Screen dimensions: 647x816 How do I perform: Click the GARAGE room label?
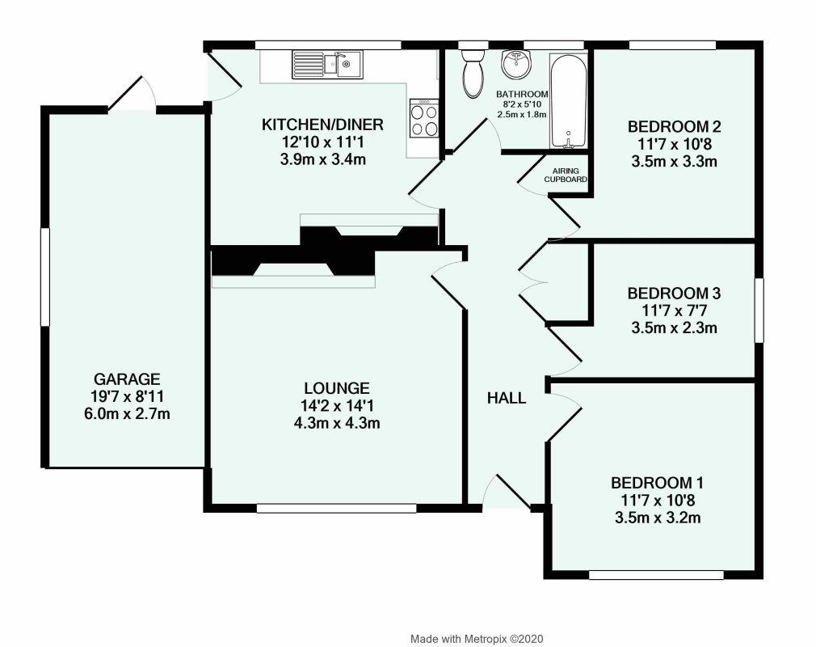click(128, 378)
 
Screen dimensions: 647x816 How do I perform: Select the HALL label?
click(507, 398)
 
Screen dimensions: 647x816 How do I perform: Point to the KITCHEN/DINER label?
click(322, 125)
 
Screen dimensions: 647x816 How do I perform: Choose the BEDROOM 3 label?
click(674, 293)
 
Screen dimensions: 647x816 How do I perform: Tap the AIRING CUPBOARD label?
click(566, 175)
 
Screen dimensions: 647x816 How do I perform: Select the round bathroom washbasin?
click(514, 63)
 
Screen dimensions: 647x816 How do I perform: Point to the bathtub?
click(569, 101)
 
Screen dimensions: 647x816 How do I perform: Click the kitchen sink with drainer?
click(327, 64)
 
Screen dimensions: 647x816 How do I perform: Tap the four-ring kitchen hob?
click(425, 119)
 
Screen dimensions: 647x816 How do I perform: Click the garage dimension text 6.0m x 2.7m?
click(128, 414)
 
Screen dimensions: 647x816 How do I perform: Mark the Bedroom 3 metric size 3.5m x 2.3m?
click(674, 328)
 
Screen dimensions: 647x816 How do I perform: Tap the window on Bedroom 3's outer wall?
click(758, 310)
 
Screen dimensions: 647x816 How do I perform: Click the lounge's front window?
click(337, 509)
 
